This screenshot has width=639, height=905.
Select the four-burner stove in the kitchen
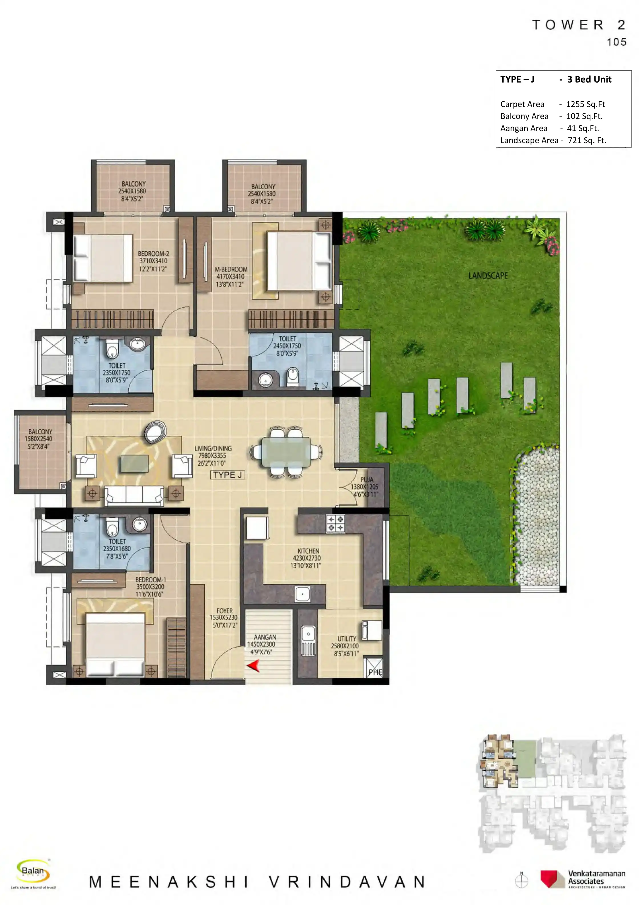coord(335,523)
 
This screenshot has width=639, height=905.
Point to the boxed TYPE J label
coord(227,475)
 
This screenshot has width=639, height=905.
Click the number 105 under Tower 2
coord(616,42)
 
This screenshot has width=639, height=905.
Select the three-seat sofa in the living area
coord(134,495)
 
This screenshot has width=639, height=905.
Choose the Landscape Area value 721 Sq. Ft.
coord(587,140)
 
